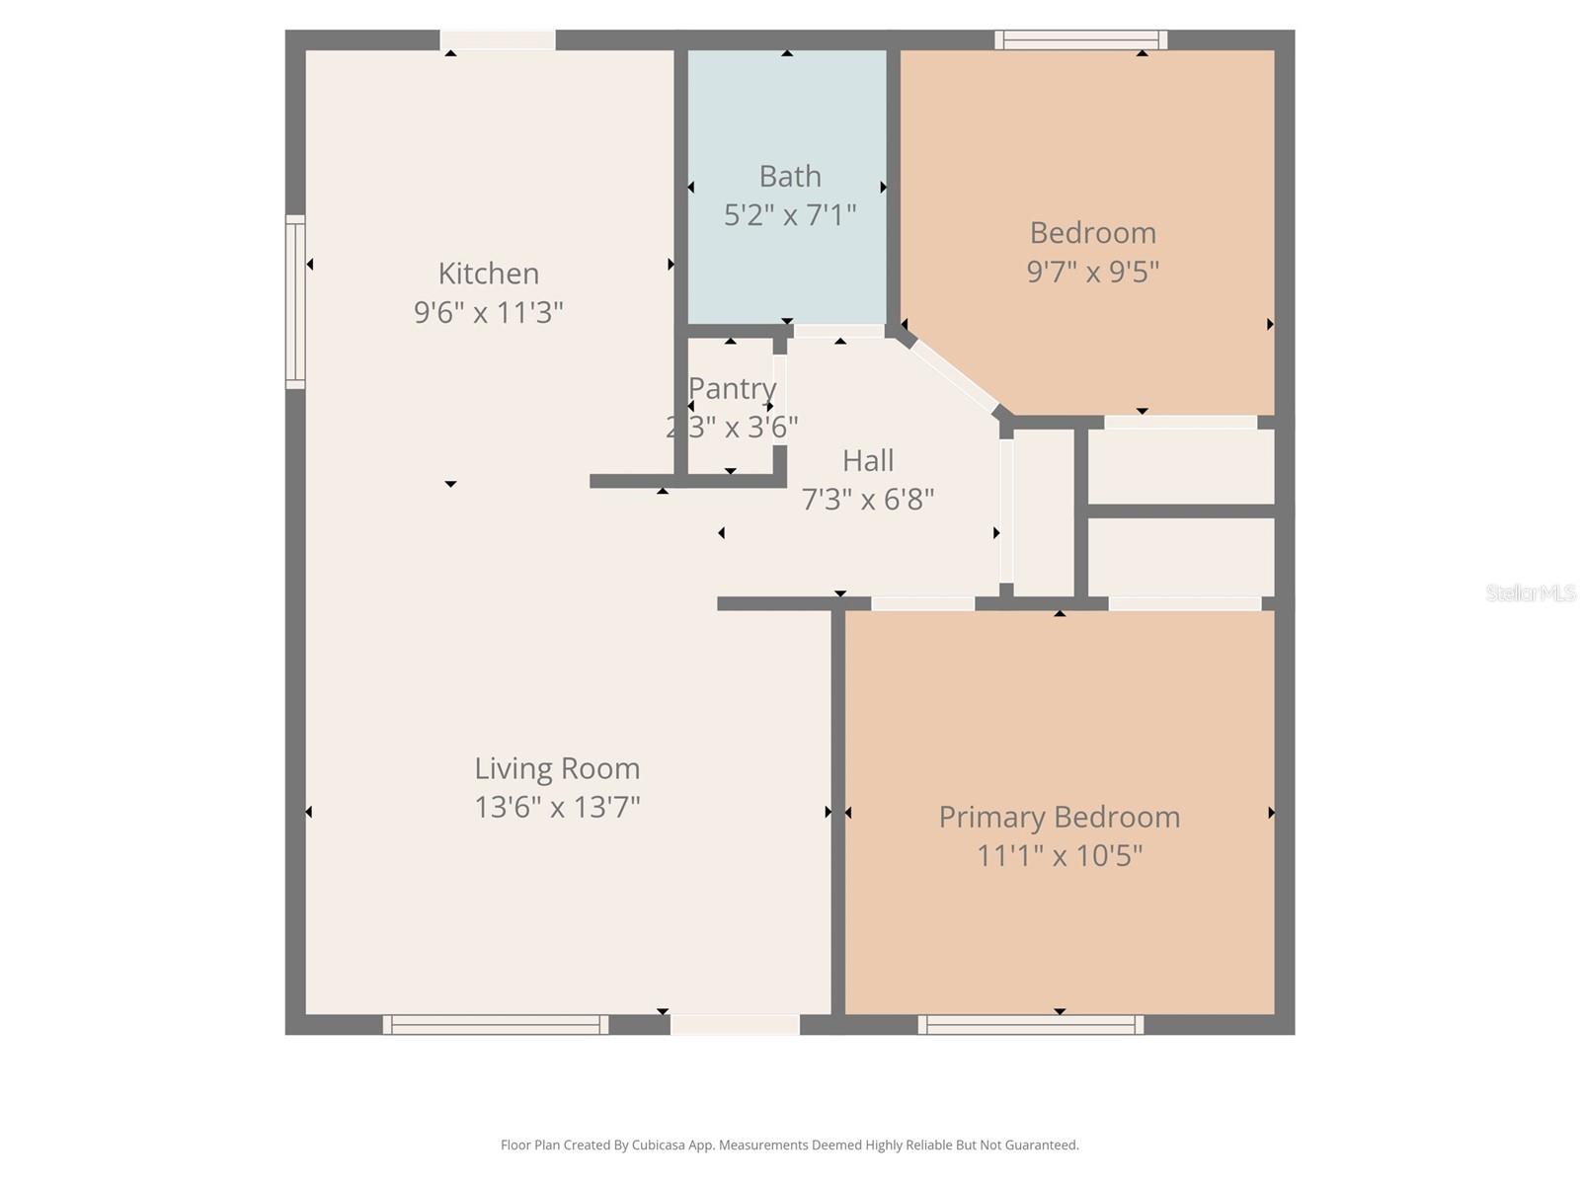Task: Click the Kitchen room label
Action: pyautogui.click(x=488, y=274)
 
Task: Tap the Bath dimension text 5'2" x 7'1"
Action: pyautogui.click(x=789, y=215)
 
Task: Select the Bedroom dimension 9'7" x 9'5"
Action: pyautogui.click(x=1092, y=272)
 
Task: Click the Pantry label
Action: pyautogui.click(x=732, y=389)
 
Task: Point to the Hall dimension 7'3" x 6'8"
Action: pyautogui.click(x=867, y=500)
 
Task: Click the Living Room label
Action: pyautogui.click(x=557, y=768)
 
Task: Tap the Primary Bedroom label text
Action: pyautogui.click(x=1059, y=818)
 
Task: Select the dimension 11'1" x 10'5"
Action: pyautogui.click(x=1059, y=855)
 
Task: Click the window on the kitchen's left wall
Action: pyautogui.click(x=294, y=301)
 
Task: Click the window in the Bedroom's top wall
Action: pyautogui.click(x=1080, y=40)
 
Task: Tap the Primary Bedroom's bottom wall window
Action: pyautogui.click(x=1030, y=1025)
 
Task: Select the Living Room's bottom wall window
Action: pyautogui.click(x=495, y=1025)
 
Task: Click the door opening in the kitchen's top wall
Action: pyautogui.click(x=497, y=40)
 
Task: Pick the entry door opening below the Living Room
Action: pyautogui.click(x=735, y=1025)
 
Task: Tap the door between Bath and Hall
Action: pyautogui.click(x=838, y=331)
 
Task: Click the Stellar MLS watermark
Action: pyautogui.click(x=1530, y=593)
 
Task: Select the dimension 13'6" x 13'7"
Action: pyautogui.click(x=557, y=808)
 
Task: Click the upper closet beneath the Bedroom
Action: pyautogui.click(x=1181, y=466)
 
